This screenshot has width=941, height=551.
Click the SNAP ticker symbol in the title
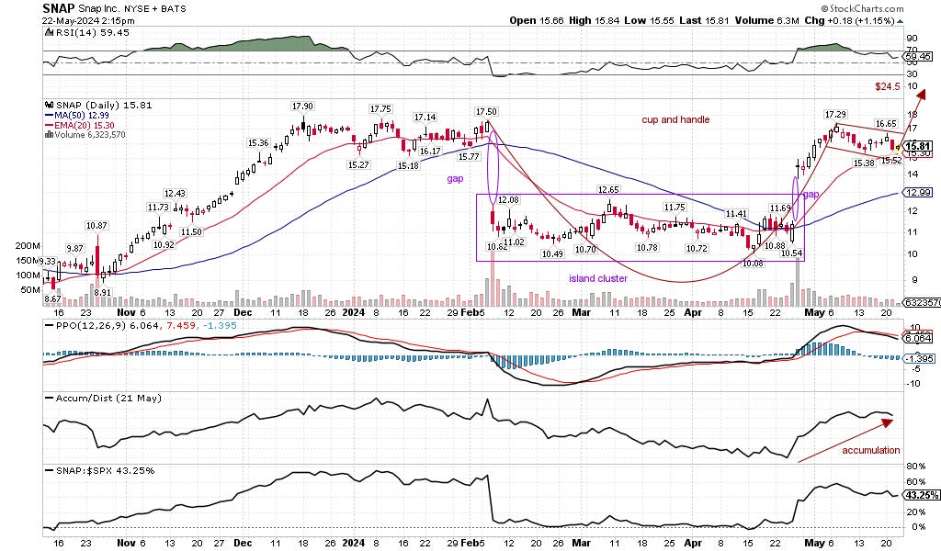(x=60, y=7)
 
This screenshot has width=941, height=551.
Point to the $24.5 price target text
(x=885, y=85)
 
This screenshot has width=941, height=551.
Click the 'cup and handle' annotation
(x=675, y=119)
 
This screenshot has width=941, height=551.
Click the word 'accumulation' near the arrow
(x=869, y=450)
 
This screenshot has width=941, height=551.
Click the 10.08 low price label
(x=753, y=263)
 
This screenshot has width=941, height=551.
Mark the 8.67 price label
(x=54, y=299)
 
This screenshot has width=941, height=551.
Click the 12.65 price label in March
(x=608, y=189)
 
